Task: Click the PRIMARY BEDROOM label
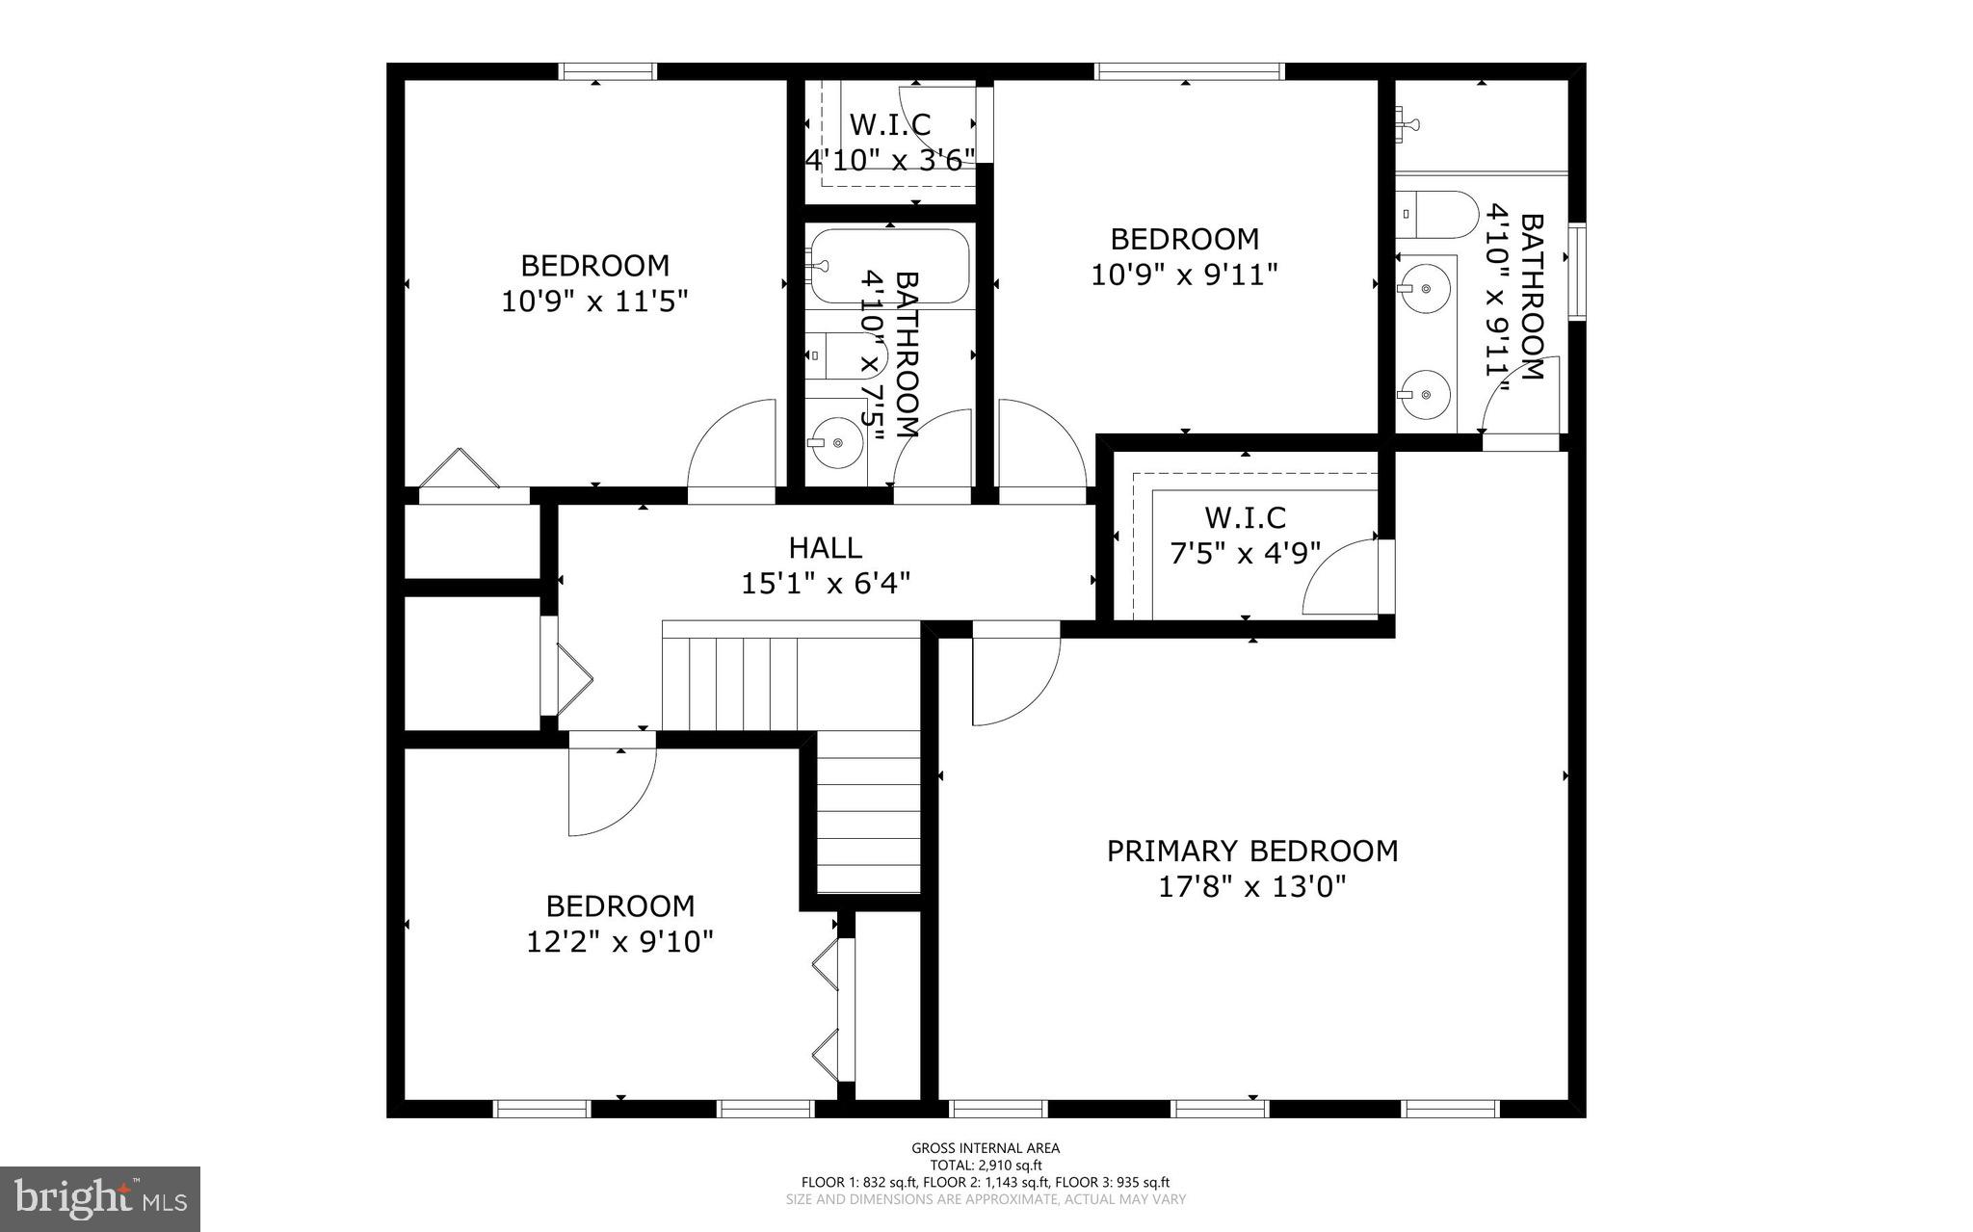[1251, 852]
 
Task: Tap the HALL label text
[826, 548]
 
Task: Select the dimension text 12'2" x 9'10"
[619, 941]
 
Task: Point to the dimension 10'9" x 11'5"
[594, 301]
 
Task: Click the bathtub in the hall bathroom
[887, 265]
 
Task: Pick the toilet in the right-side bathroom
[1437, 216]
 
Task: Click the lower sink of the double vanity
[1425, 393]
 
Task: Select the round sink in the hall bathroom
[834, 442]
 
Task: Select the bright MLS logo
[100, 1198]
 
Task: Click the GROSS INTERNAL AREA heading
[986, 1147]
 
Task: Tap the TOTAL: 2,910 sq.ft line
[986, 1165]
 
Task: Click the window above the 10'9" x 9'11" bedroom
[1189, 71]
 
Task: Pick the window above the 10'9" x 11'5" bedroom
[608, 71]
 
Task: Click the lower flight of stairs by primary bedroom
[869, 814]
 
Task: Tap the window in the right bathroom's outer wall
[1576, 272]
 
